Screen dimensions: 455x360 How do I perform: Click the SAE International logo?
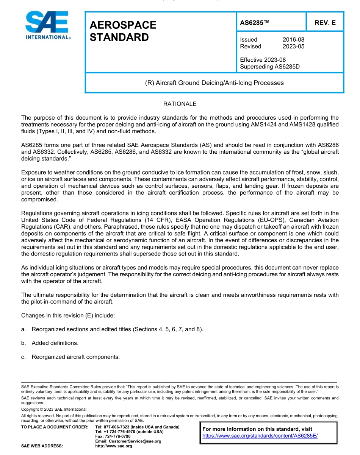[47, 25]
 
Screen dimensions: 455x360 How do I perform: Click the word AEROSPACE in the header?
[123, 25]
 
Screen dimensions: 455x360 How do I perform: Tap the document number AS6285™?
[255, 23]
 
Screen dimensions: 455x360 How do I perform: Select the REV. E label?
[325, 23]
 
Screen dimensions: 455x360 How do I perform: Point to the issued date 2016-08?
[293, 40]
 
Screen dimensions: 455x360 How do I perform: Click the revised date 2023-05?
[293, 47]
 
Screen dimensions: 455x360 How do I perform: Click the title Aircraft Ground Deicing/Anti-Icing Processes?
[214, 83]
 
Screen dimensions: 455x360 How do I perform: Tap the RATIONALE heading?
[180, 104]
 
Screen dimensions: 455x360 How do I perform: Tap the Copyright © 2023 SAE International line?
[54, 409]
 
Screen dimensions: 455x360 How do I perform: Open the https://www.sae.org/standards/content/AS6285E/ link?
[260, 436]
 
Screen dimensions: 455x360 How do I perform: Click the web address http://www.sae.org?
[114, 446]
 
